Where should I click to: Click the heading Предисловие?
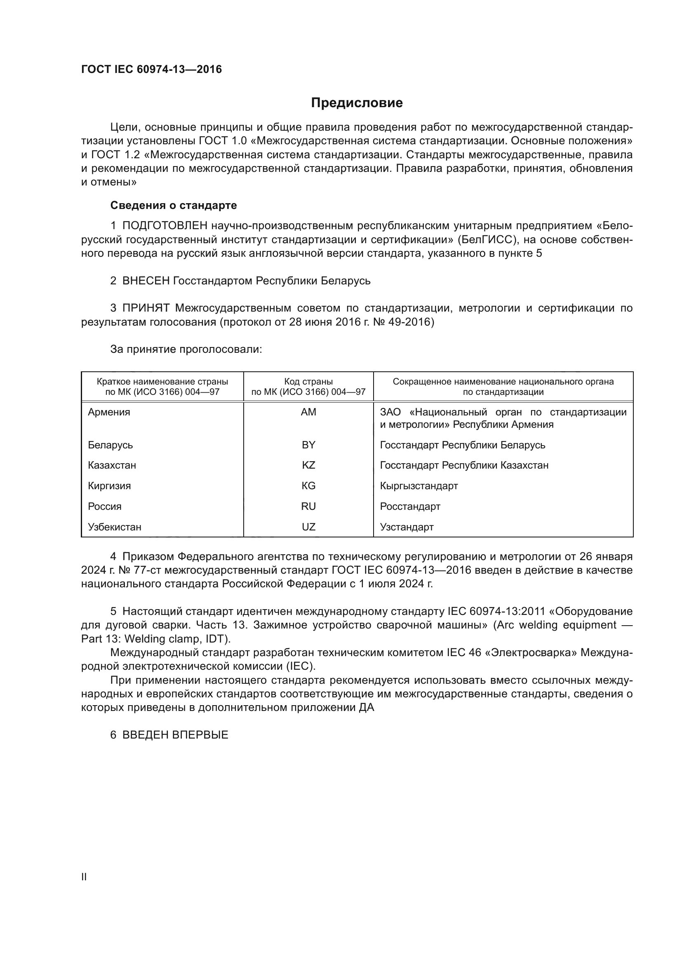click(x=357, y=103)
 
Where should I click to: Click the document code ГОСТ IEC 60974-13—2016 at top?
click(x=151, y=69)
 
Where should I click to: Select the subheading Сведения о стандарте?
click(x=174, y=205)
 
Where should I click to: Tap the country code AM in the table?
click(x=308, y=412)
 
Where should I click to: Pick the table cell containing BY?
click(x=308, y=445)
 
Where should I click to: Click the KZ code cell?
click(x=308, y=465)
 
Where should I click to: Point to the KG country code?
click(x=308, y=486)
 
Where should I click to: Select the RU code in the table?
click(x=308, y=507)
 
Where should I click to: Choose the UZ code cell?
click(x=308, y=527)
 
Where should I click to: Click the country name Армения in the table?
click(x=109, y=412)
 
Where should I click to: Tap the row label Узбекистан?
click(x=114, y=527)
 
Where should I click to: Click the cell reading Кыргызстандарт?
click(x=419, y=486)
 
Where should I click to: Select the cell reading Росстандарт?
click(x=410, y=507)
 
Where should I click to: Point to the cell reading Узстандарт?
click(x=407, y=527)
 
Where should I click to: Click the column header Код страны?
click(x=308, y=382)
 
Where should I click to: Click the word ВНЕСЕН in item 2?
click(x=146, y=281)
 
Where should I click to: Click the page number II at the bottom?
click(x=84, y=877)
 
